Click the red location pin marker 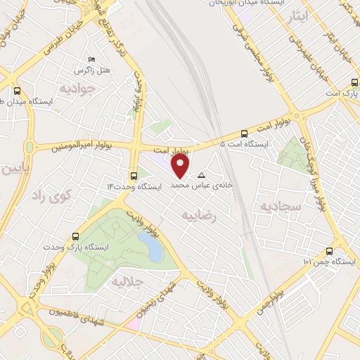[x=181, y=166]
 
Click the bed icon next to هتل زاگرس [x=91, y=60]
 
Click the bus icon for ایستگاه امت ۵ [x=244, y=133]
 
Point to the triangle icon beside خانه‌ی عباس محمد [x=202, y=175]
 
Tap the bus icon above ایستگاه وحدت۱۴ [x=134, y=176]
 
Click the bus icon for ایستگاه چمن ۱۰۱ [x=328, y=251]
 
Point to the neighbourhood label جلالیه [x=127, y=281]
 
